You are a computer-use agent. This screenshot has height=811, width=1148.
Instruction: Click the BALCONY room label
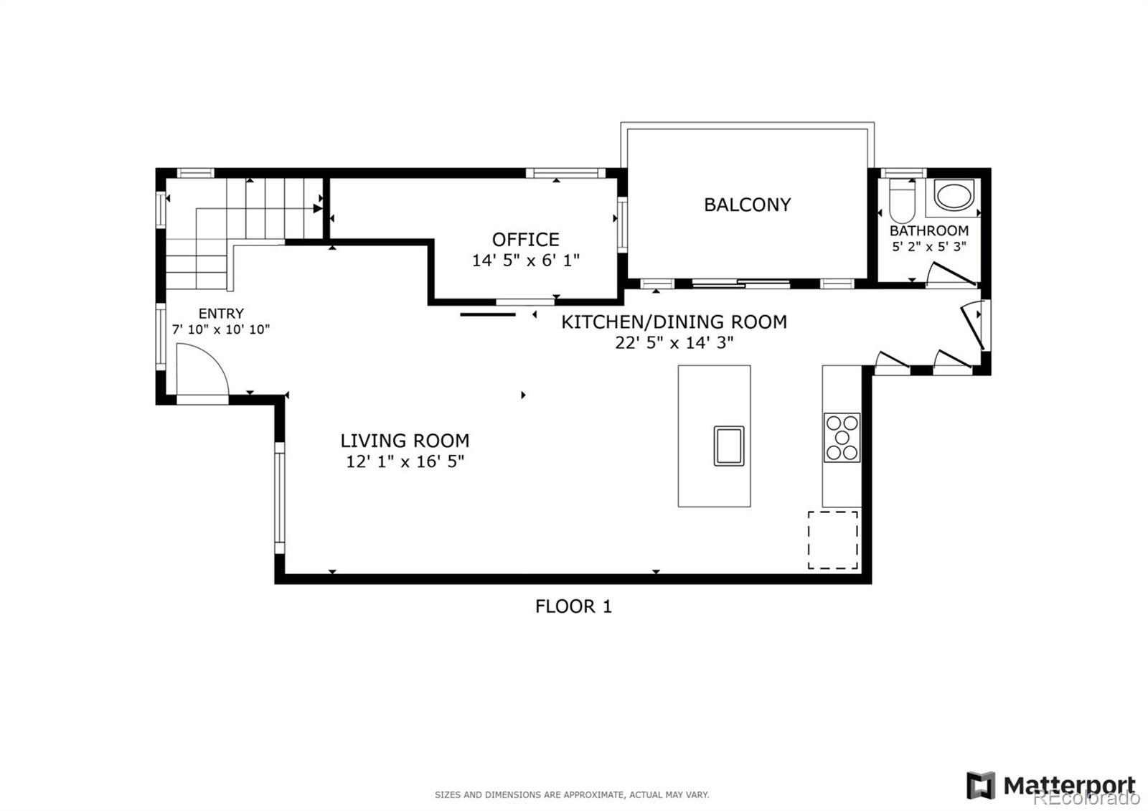point(747,205)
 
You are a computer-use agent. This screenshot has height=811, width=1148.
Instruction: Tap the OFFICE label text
point(525,240)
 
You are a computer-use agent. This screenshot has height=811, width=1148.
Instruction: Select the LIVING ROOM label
point(405,441)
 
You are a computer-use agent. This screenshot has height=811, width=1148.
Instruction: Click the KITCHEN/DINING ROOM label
point(674,322)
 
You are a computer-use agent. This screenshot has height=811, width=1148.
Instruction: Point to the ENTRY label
point(221,313)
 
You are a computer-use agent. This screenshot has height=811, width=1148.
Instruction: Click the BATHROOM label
point(929,230)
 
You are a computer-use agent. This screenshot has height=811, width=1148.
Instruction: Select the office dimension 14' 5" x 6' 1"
point(525,261)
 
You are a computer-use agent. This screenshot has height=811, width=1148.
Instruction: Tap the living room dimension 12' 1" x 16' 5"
point(405,461)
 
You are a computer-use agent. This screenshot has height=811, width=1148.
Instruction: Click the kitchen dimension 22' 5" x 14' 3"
point(674,342)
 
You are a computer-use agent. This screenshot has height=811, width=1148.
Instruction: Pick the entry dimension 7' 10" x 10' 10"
point(221,329)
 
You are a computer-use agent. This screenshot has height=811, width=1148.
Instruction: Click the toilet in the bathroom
point(902,200)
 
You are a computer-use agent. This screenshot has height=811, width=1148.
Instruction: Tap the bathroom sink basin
point(954,196)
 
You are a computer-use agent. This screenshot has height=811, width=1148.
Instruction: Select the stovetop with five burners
point(842,437)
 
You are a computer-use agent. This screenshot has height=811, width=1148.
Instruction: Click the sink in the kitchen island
point(729,446)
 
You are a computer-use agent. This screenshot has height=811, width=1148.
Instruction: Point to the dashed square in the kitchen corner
point(833,540)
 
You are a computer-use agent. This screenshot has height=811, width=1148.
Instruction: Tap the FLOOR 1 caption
point(573,606)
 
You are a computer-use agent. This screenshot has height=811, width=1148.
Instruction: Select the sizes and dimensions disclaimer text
point(572,794)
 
